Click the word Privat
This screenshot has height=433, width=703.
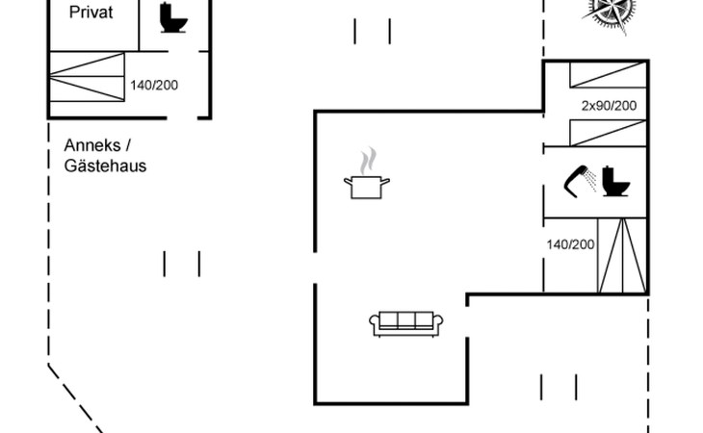91,13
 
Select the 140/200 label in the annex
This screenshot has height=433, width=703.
154,85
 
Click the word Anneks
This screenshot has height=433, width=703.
91,145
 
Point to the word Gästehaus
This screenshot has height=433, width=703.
105,166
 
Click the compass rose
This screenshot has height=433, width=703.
612,12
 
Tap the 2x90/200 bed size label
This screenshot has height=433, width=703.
609,105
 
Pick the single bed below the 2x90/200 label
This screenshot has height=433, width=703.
607,132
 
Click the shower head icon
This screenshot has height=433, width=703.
579,179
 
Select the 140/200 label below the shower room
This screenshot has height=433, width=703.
570,244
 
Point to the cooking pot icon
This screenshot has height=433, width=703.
366,186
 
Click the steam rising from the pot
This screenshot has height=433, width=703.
366,159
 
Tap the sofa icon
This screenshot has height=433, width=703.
405,324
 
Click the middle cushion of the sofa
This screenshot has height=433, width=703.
405,321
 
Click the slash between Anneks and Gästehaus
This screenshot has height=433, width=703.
126,145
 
